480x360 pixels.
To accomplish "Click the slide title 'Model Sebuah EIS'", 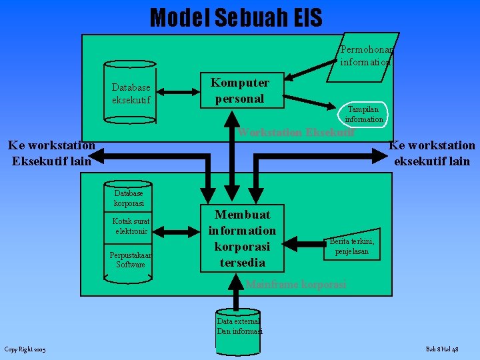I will [236, 17].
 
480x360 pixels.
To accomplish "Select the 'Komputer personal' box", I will [240, 91].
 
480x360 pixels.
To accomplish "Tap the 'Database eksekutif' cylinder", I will [131, 94].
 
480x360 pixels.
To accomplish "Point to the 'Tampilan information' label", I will [363, 114].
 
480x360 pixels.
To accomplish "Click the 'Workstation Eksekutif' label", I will [297, 131].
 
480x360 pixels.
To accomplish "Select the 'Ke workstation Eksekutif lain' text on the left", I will [51, 153].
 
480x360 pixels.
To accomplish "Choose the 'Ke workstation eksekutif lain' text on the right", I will [432, 153].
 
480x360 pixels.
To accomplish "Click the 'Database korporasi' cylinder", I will [129, 198].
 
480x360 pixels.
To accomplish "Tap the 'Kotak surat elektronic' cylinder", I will [131, 226].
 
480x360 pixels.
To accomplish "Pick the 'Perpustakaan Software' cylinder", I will [131, 260].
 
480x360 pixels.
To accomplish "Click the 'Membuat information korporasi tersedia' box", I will [242, 238].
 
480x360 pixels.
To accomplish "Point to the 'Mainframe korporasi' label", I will [295, 285].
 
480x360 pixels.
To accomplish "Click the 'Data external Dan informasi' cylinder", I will [238, 326].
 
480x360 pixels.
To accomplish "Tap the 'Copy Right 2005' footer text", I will [25, 349].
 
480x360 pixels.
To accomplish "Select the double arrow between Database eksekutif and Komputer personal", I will [179, 92].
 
